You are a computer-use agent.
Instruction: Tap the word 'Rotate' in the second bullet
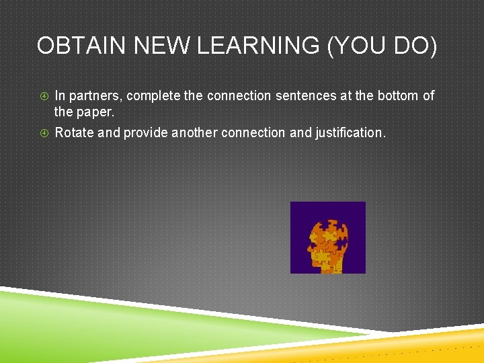pos(75,133)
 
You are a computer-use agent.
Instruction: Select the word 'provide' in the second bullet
pos(145,133)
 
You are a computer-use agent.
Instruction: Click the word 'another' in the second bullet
pos(194,133)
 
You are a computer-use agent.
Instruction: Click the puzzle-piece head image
pos(327,237)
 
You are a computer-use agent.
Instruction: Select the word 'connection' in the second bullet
pos(253,133)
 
